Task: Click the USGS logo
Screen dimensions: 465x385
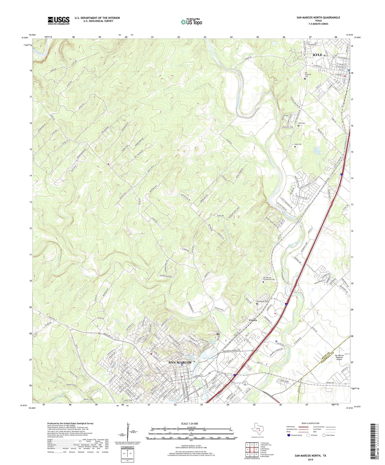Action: tap(59, 20)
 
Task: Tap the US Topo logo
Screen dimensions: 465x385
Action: tap(191, 22)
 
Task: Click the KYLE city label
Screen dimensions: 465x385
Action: tap(317, 55)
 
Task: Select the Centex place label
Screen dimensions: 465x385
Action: tap(253, 320)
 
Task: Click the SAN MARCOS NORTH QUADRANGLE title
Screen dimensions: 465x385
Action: tap(318, 18)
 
